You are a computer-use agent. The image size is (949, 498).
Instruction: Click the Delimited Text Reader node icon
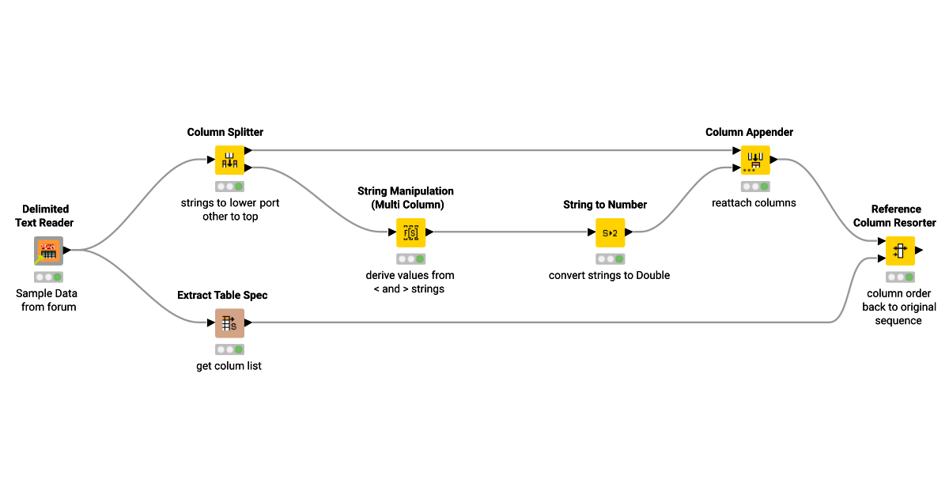tap(48, 251)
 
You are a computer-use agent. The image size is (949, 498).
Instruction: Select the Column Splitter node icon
tap(230, 160)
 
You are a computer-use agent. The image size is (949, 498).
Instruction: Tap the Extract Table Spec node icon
tap(230, 323)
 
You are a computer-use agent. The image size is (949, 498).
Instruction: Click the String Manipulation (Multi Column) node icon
tap(411, 232)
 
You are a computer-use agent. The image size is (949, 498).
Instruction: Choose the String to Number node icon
tap(610, 232)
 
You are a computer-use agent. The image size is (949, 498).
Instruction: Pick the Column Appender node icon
tap(755, 160)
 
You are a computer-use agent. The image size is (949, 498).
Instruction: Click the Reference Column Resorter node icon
tap(900, 251)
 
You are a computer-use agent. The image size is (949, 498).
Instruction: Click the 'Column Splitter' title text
tap(225, 132)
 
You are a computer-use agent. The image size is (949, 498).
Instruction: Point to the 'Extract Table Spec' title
tap(222, 295)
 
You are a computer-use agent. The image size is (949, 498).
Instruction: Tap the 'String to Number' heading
tap(605, 205)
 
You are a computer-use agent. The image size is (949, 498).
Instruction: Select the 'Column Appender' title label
tap(749, 132)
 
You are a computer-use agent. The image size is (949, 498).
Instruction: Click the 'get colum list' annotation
tap(229, 366)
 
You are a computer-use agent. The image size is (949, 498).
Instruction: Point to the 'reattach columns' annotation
tap(754, 202)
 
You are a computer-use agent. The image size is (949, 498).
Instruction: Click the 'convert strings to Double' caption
tap(609, 275)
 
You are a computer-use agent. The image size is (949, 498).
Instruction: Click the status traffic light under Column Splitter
tap(230, 187)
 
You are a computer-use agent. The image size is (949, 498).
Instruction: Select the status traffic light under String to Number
tap(610, 259)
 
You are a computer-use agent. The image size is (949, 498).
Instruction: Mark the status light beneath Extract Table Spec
tap(230, 349)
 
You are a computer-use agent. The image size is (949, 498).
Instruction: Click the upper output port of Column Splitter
tap(248, 150)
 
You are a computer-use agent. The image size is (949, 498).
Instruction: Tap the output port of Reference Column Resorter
tap(919, 251)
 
